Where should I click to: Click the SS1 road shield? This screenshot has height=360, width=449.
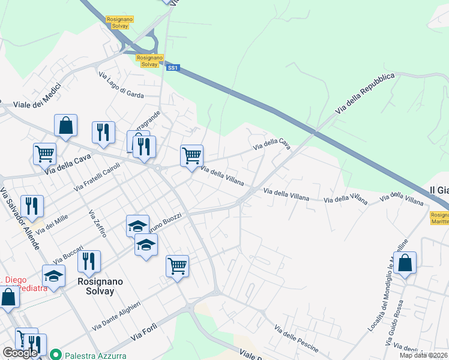coord(173,68)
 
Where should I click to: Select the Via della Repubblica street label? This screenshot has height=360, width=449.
coord(365,94)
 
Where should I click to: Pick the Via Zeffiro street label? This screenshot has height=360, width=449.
coord(97,223)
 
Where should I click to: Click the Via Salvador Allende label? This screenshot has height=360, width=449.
coord(20,219)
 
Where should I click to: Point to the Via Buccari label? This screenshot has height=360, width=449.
coord(68,255)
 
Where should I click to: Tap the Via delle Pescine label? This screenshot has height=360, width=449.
coord(296,338)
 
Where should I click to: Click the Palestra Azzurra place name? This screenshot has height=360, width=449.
coord(96,355)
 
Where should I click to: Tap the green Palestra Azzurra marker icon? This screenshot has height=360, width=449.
coord(56,355)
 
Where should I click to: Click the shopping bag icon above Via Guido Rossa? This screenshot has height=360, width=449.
coord(405,262)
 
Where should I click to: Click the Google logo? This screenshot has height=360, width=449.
coord(20,353)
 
